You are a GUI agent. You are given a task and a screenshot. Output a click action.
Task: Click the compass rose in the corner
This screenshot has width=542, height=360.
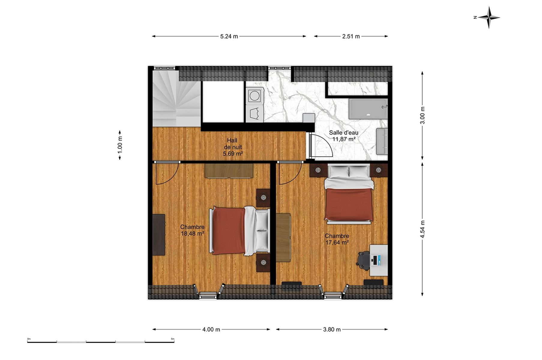coord(489,17)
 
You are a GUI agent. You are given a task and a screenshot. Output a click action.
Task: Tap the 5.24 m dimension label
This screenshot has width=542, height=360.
coord(229,37)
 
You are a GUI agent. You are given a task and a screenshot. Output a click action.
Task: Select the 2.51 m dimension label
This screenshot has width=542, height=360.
coord(351,37)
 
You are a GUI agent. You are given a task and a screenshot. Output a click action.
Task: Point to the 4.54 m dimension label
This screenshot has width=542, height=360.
coord(422,229)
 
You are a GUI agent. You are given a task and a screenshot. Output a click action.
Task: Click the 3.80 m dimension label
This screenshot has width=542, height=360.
coord(332,329)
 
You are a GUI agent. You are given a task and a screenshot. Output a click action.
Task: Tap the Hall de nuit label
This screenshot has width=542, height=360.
coord(233,147)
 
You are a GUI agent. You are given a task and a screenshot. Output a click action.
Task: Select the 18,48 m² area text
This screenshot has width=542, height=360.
coord(192,233)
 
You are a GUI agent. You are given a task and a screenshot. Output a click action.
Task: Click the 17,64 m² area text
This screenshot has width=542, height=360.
coord(337,242)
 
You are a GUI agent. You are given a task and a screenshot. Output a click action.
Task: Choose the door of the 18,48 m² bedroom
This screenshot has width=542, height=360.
coord(167,173)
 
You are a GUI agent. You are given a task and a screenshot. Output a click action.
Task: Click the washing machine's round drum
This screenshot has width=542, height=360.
coord(255,96)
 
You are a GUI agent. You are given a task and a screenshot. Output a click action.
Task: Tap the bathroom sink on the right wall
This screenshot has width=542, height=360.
coord(382,141)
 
